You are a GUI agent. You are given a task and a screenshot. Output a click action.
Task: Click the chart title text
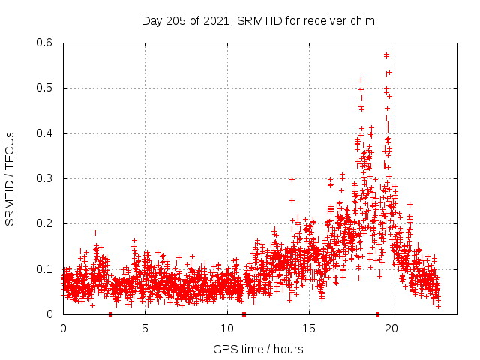258,20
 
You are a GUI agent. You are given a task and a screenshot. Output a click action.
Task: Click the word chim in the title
362,20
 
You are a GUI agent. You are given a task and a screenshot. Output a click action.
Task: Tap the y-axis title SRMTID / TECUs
10,178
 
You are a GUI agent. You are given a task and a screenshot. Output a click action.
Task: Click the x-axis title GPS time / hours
258,349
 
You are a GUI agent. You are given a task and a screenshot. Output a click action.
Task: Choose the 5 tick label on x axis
145,328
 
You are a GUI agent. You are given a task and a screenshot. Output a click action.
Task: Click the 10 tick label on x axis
227,328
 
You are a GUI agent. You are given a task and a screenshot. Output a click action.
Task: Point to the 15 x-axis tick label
309,328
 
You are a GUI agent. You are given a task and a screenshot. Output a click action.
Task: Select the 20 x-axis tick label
391,328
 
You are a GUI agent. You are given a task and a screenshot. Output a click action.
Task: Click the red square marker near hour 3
110,314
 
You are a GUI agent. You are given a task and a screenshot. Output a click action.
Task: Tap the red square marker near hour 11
244,314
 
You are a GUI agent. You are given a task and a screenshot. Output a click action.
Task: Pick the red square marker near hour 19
378,314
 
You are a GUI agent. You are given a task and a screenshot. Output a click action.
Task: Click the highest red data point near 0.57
386,55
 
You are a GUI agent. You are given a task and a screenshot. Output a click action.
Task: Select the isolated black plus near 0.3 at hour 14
292,179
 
